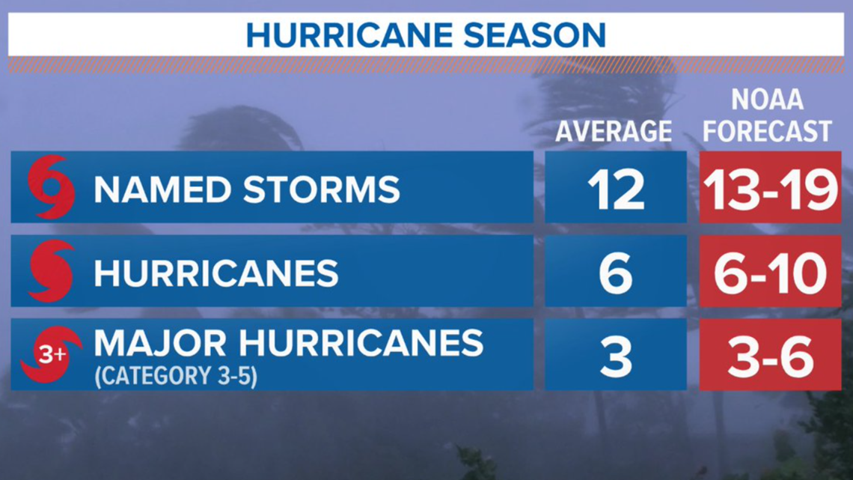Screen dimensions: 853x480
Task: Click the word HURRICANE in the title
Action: click(349, 35)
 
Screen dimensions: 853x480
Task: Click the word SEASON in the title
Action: click(535, 35)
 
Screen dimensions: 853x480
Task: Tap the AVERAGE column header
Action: click(614, 131)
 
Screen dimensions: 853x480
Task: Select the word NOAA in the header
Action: click(767, 100)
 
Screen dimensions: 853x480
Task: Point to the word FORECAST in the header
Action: click(767, 131)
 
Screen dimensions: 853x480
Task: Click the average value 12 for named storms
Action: click(616, 189)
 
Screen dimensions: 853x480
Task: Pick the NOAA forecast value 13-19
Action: click(770, 189)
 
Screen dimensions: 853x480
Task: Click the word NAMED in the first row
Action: click(162, 189)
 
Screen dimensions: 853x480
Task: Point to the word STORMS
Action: click(322, 189)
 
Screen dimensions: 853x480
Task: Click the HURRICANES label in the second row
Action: click(216, 273)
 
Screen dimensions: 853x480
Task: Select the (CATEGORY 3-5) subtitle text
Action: click(176, 376)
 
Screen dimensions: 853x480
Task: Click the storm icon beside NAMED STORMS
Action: click(51, 187)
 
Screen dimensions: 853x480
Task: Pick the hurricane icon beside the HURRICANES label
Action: click(51, 271)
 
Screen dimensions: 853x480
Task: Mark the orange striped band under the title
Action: click(426, 64)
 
